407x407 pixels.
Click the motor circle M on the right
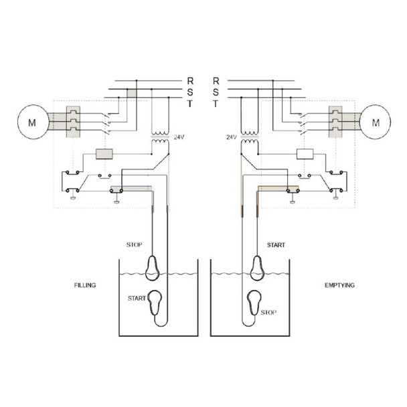(375, 122)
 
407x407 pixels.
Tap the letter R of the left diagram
(191, 80)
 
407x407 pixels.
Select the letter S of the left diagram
(191, 92)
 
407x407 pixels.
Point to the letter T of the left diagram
(191, 104)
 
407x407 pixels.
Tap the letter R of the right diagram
(216, 80)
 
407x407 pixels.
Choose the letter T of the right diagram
(216, 104)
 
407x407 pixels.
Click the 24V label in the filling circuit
(179, 137)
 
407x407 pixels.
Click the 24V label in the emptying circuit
(232, 137)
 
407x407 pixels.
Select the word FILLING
(85, 285)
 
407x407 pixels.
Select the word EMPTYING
(339, 285)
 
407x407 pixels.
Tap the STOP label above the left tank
(135, 245)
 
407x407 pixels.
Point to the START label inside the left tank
(137, 298)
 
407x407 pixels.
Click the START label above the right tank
(276, 245)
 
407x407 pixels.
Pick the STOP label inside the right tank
(268, 312)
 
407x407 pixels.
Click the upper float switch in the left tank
(153, 266)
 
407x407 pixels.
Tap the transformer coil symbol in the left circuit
(159, 138)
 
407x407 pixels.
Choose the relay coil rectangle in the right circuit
(305, 154)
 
